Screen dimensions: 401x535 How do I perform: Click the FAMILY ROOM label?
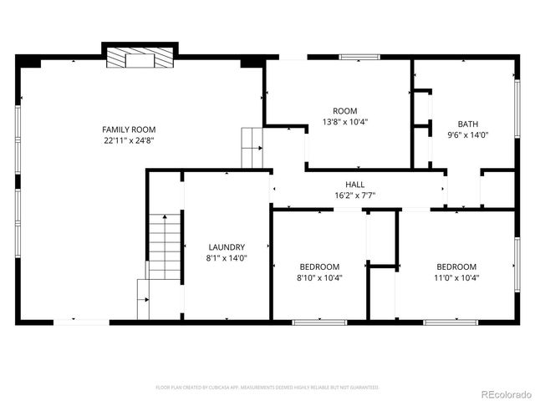point(129,129)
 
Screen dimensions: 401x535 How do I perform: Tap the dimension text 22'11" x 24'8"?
point(129,140)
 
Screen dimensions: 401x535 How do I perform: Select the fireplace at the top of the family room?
point(139,58)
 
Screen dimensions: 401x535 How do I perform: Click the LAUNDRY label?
point(227,247)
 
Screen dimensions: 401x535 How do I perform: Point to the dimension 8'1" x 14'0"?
point(227,258)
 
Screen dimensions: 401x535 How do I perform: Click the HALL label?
point(355,185)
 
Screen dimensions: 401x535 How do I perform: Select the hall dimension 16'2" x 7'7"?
point(355,195)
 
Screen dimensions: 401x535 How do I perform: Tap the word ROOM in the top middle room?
point(345,110)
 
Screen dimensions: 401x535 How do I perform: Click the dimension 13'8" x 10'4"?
point(345,121)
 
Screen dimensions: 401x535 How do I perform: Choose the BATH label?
point(467,124)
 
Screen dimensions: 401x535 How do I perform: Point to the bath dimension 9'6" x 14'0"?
point(467,135)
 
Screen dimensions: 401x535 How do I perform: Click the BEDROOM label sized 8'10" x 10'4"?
point(319,266)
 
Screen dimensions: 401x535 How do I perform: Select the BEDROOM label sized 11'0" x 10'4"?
point(456,266)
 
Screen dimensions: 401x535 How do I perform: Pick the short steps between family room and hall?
point(252,148)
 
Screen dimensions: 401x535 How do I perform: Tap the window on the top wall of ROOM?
point(359,57)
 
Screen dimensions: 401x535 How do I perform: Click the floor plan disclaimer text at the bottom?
point(267,388)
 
